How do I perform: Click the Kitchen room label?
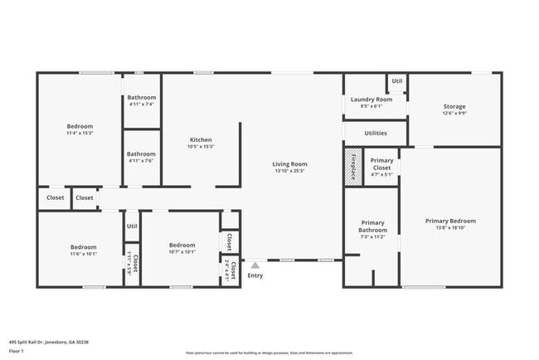coord(202,139)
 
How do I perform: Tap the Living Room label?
coord(289,163)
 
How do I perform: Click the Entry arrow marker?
coord(255,265)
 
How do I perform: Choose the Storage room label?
coord(454,106)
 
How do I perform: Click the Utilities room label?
coord(376,133)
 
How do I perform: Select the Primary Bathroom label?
coord(372,226)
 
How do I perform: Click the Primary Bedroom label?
coord(450,221)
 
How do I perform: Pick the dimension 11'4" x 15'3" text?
coord(80,134)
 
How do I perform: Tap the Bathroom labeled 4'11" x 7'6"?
coord(141,153)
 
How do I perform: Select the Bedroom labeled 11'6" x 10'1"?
coord(83,247)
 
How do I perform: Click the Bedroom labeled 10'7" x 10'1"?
coord(182,246)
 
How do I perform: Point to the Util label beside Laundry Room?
coord(397,80)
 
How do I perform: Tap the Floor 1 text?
coord(17,351)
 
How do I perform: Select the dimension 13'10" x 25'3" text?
coord(289,171)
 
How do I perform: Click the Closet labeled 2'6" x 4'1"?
coord(233,272)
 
